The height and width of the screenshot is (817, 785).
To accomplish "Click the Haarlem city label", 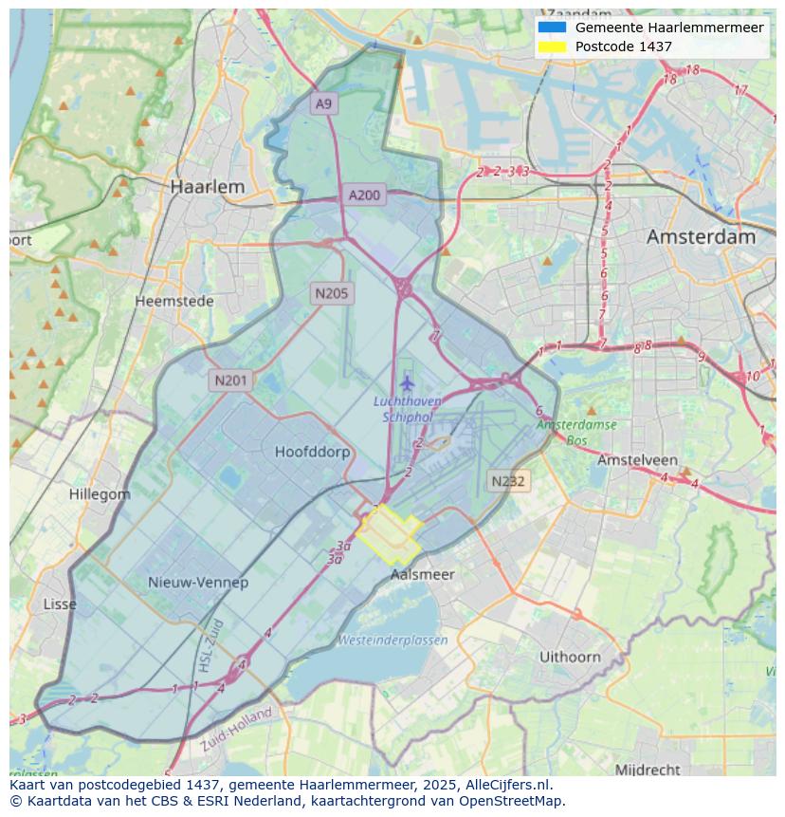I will tap(207, 187).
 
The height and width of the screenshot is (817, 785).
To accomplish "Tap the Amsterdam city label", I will tap(701, 237).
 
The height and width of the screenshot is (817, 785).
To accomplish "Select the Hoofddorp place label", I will tap(312, 452).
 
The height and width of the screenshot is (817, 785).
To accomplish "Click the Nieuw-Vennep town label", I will tap(198, 582).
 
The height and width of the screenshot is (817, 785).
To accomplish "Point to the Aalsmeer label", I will tap(422, 574).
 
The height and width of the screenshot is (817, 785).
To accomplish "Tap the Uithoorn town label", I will tap(570, 657).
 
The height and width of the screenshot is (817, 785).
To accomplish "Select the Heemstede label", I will tap(173, 301).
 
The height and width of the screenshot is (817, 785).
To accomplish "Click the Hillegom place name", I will tap(100, 494).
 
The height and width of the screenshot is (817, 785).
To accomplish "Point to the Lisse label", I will tap(60, 603).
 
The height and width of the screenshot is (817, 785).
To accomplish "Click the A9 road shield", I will tap(324, 103).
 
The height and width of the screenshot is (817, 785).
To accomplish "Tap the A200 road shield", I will tap(364, 195).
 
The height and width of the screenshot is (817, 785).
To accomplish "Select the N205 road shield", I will tap(332, 293).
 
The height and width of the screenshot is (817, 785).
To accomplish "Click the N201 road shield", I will tap(230, 381).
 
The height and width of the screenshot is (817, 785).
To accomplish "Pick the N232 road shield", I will tap(508, 481).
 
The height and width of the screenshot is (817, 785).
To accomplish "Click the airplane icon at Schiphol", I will tap(407, 383).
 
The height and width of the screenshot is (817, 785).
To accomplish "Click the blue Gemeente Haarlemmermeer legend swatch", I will tap(551, 28).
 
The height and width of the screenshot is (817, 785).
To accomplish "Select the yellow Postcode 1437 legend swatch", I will tap(551, 46).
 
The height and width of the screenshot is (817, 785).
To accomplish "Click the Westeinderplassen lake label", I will tap(392, 641).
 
